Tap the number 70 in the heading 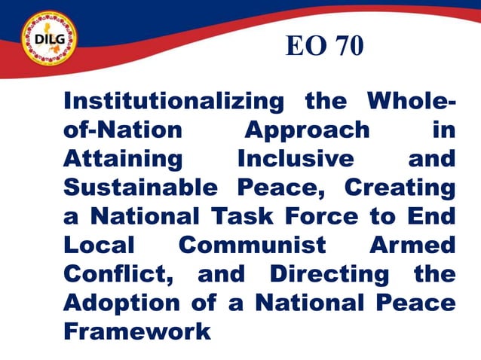348,47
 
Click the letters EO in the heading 304,47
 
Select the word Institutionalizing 173,102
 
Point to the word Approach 308,130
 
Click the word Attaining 122,158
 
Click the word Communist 253,246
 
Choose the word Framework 137,331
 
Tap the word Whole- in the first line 411,102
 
